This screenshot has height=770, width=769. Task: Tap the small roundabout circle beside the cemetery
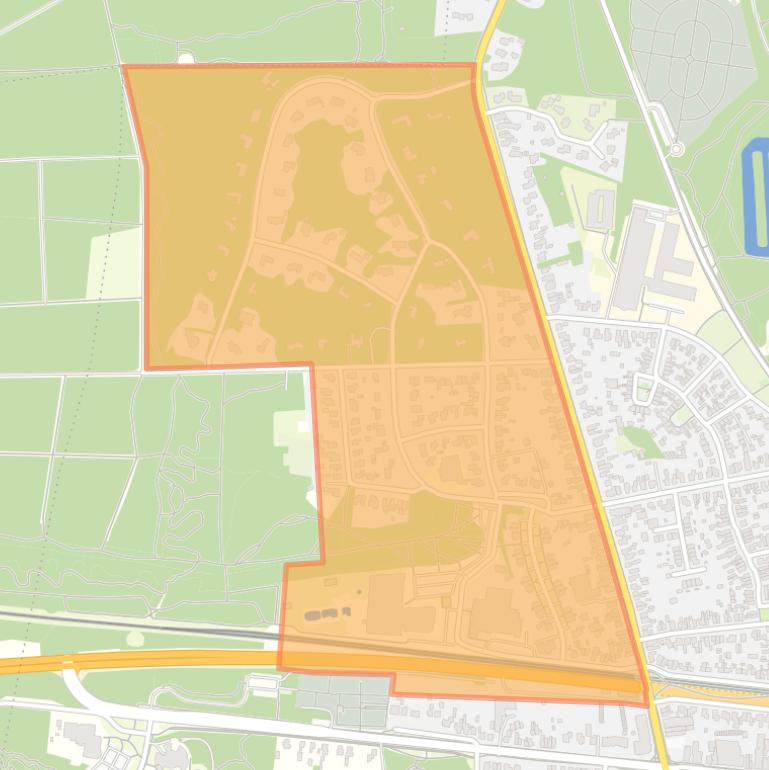coord(676,150)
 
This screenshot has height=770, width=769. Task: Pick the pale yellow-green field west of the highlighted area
coord(113,263)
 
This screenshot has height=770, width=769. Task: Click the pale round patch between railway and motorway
coord(135,638)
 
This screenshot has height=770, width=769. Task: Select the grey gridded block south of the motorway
coord(340,701)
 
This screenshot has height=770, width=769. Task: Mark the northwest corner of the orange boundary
coord(123,67)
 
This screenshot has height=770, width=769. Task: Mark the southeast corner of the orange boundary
coord(647,704)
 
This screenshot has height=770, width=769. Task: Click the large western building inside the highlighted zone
coord(386,603)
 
